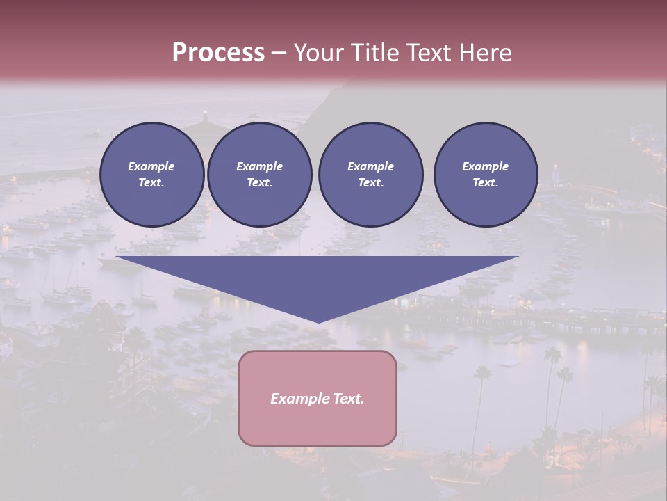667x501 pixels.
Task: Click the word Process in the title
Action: [218, 53]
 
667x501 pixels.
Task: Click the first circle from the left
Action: [151, 175]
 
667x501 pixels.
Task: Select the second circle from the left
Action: [259, 175]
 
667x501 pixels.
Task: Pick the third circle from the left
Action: [370, 175]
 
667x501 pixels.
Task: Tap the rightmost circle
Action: [485, 175]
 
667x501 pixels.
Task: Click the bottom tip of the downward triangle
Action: [318, 321]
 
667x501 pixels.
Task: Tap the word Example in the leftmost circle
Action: [151, 166]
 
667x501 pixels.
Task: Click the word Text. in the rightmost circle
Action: [485, 183]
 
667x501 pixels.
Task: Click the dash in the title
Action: [279, 54]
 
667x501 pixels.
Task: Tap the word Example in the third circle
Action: [370, 166]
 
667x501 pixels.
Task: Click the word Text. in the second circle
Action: [259, 183]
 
